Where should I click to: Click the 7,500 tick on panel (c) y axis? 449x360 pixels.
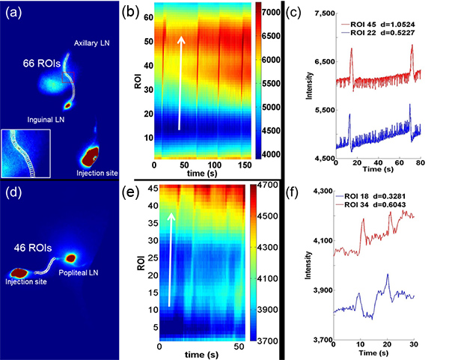[310, 14]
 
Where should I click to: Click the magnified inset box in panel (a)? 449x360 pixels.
[25, 153]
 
